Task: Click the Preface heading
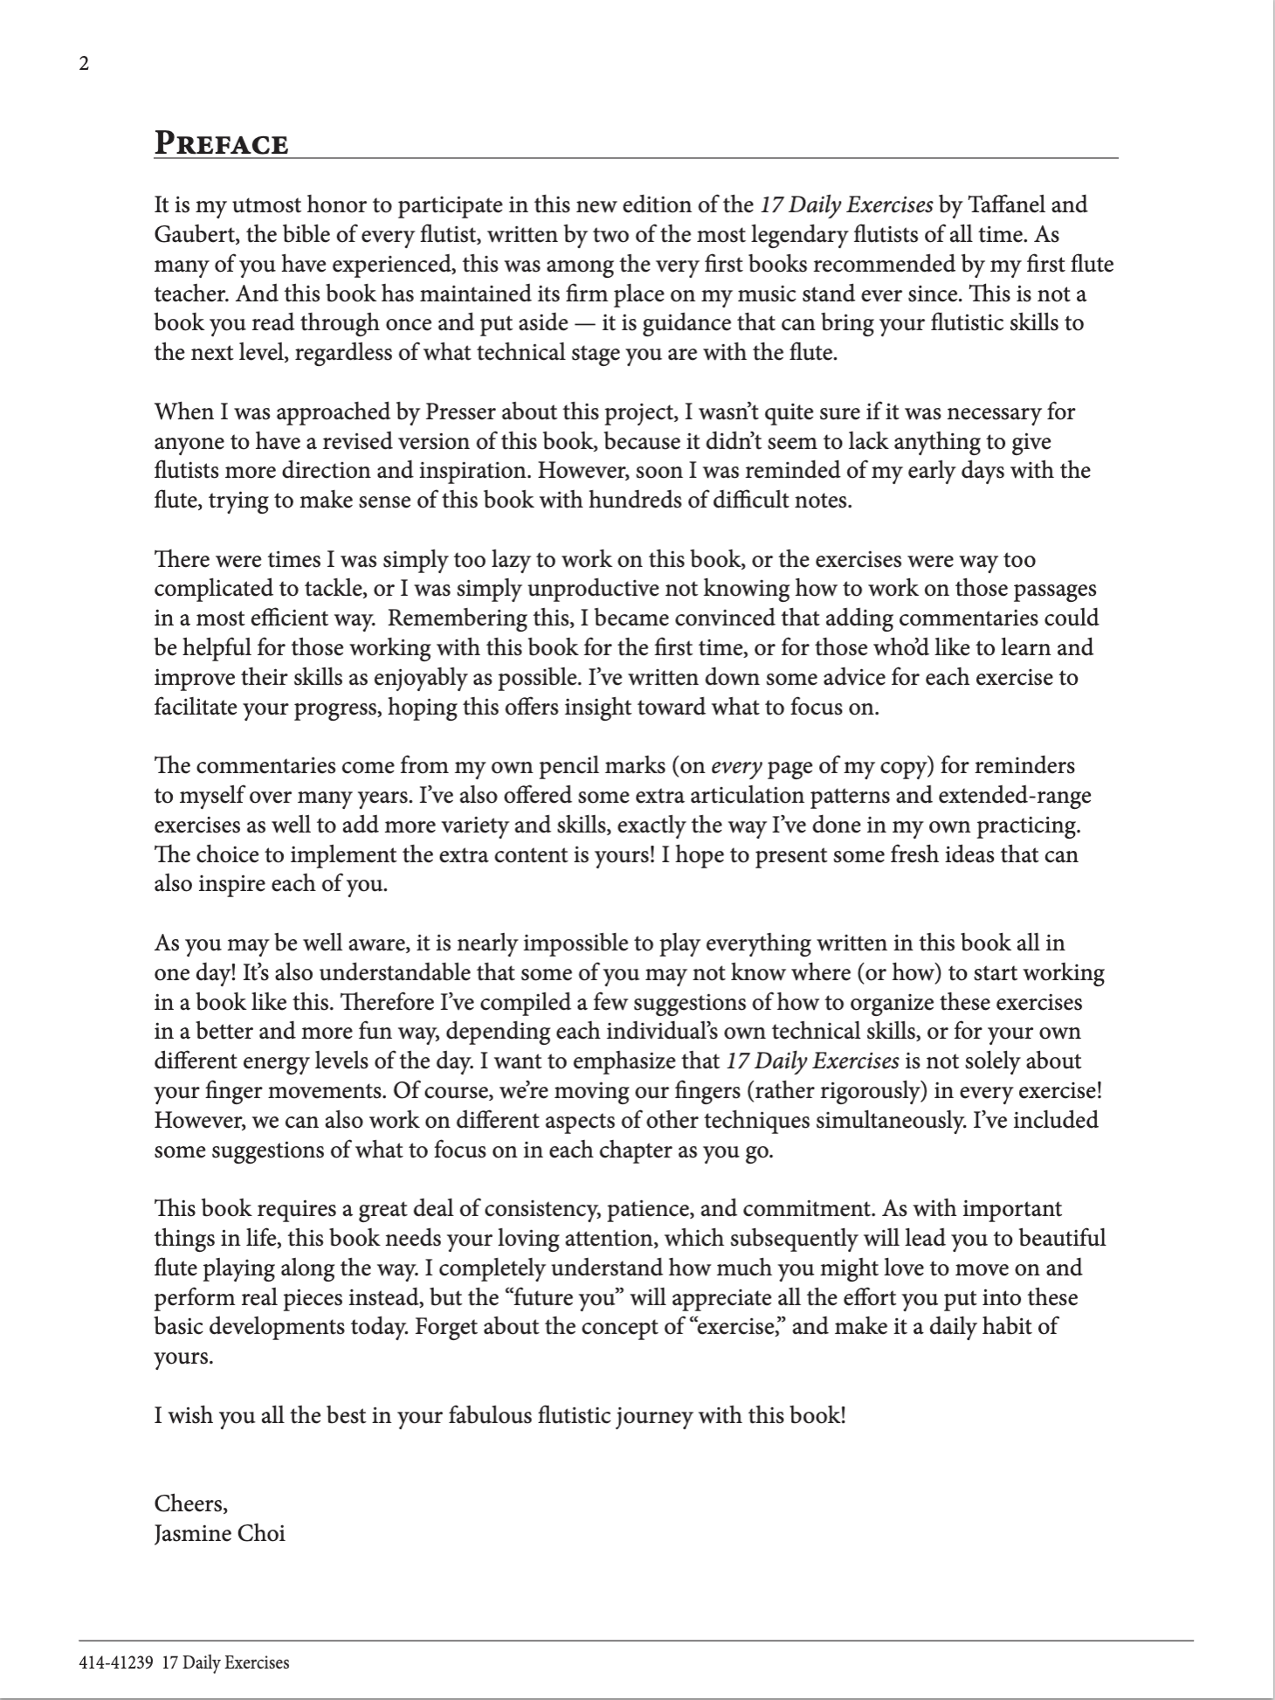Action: [221, 143]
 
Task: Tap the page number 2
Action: [84, 64]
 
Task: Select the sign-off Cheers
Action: [190, 1503]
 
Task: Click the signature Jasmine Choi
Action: [219, 1533]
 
